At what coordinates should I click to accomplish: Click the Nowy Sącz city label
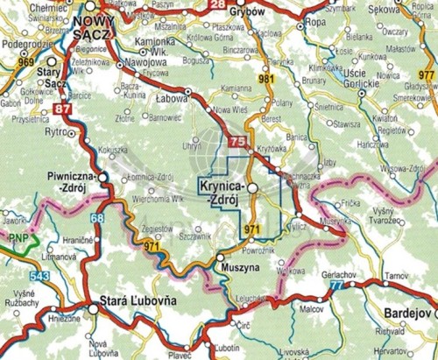pos(94,25)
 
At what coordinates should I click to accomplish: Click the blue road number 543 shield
pos(37,276)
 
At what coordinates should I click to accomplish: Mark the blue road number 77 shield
pos(336,286)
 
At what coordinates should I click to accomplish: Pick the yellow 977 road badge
pos(426,75)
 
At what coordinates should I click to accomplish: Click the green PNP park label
pos(17,237)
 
